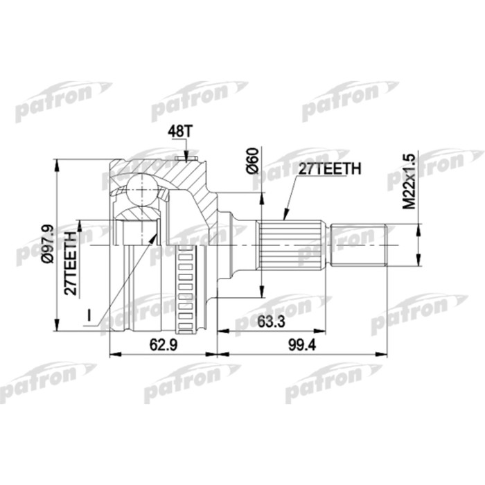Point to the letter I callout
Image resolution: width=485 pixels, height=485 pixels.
[x=89, y=316]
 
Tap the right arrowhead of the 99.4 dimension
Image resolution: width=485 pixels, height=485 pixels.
[x=383, y=353]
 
